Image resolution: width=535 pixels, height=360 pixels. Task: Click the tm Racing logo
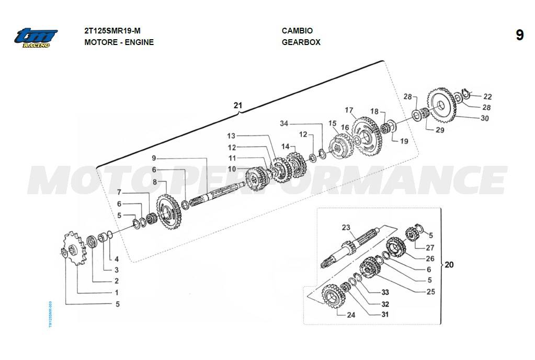tap(36, 38)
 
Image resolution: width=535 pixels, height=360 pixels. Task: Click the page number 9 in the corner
tap(519, 35)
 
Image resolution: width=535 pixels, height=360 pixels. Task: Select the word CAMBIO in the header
tap(297, 31)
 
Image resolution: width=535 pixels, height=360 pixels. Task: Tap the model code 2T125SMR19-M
tap(112, 31)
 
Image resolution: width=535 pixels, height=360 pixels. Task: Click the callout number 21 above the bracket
tap(237, 106)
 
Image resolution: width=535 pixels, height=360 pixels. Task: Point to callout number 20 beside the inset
tap(449, 264)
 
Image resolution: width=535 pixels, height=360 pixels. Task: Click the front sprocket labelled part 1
tap(73, 248)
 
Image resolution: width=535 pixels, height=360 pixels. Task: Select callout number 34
tap(284, 123)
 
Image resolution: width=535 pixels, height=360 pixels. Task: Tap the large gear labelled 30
tap(441, 106)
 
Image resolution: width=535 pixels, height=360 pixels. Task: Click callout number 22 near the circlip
tap(487, 97)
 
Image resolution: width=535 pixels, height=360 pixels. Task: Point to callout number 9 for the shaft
tap(154, 159)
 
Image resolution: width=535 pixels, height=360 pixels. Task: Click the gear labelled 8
tap(168, 211)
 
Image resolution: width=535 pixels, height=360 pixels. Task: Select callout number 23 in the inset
tap(346, 228)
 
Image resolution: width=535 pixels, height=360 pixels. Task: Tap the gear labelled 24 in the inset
tap(334, 296)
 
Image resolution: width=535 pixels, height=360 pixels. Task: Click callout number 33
tap(385, 292)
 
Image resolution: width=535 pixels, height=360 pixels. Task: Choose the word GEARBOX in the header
tap(301, 42)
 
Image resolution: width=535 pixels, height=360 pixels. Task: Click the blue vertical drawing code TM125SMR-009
tap(50, 314)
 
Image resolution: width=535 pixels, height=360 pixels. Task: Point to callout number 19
tap(404, 141)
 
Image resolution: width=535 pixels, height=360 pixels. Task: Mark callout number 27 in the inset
tap(430, 248)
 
